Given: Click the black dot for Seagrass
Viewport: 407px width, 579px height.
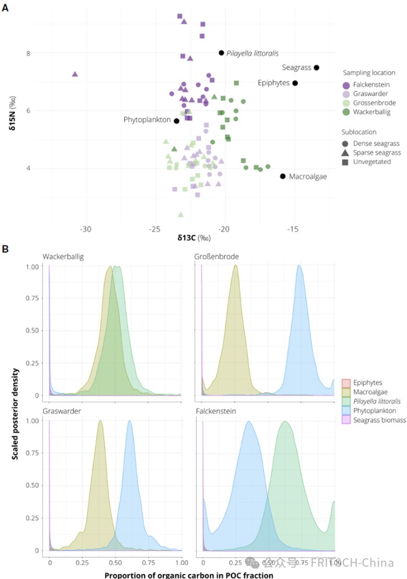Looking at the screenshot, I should [x=317, y=67].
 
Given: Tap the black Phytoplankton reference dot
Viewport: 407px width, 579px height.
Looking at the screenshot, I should [x=177, y=121].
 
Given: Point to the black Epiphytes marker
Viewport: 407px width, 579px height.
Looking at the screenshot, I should [x=295, y=83].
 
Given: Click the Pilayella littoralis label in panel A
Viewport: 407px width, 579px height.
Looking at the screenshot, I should [x=253, y=53].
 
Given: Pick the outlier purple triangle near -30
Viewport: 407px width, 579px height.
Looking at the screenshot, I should [x=75, y=74].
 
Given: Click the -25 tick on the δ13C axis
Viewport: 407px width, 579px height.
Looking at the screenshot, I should [x=155, y=229].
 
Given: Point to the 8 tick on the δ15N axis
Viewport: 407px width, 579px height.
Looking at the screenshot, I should [x=29, y=53].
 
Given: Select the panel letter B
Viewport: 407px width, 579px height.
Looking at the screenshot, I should [x=6, y=249].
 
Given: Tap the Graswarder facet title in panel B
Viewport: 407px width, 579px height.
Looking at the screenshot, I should [x=62, y=411].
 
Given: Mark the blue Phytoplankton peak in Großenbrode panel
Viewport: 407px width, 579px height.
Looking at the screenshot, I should [x=299, y=266].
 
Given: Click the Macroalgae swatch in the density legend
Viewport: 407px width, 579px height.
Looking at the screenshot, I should [x=346, y=392].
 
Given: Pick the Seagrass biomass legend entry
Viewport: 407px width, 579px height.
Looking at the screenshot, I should [x=375, y=420].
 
